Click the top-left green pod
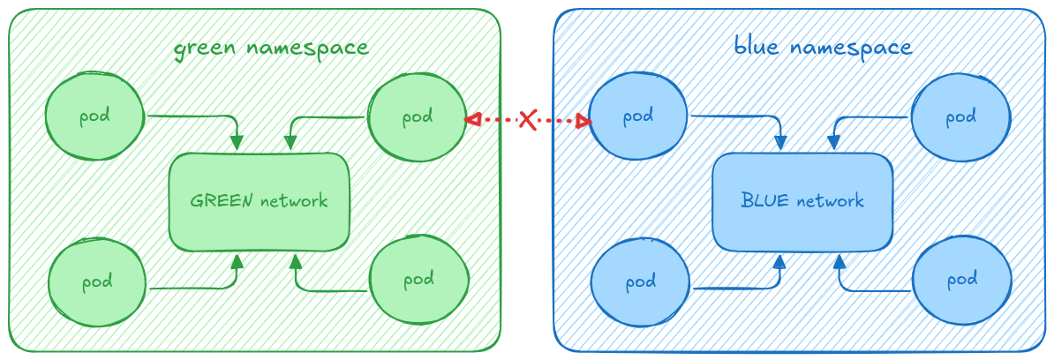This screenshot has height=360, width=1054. coord(94,117)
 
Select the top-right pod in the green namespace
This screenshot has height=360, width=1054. coord(417,117)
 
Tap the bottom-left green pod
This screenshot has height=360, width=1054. coord(96,283)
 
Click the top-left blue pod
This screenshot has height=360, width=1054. coord(638,116)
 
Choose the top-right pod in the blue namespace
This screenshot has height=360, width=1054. coord(960,117)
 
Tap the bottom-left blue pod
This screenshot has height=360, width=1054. coord(640,283)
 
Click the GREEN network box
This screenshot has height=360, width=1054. coord(259,201)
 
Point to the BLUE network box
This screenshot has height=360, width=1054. coord(802,201)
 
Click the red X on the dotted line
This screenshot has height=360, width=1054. coord(527,119)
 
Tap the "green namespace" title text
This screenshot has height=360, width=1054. coord(270,48)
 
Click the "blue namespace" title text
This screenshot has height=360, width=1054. coord(823,46)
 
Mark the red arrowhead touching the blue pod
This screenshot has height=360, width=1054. coord(583,121)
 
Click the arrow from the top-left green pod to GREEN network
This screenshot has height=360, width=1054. coord(212,116)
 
